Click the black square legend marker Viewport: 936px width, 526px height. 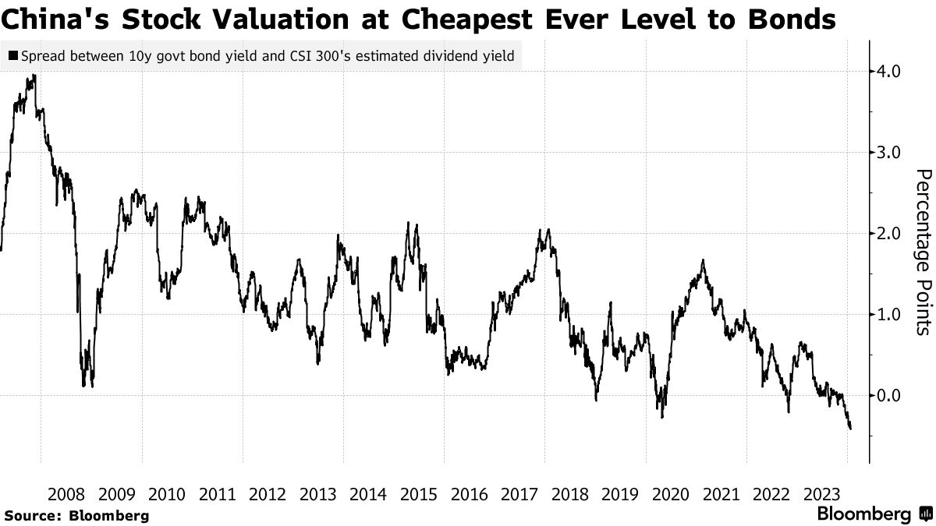coord(13,56)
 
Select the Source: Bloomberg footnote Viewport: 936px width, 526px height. coord(76,515)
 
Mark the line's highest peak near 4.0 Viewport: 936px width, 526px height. coord(34,76)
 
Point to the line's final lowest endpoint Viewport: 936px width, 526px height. coord(849,428)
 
